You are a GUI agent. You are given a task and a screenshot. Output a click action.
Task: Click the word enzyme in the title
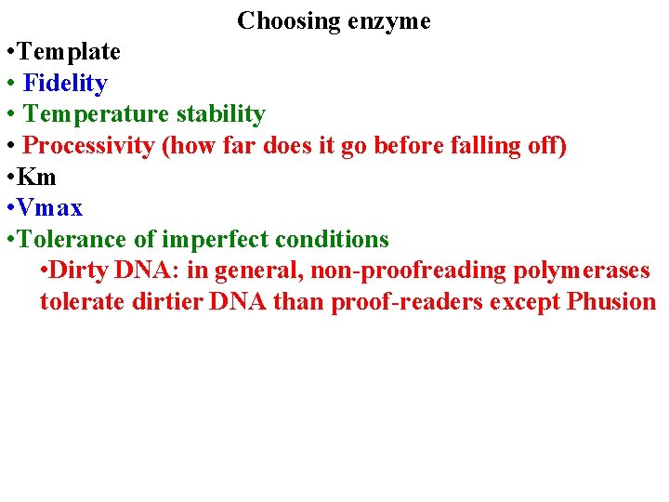[389, 20]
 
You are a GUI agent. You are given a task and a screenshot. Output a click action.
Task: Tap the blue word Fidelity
[65, 83]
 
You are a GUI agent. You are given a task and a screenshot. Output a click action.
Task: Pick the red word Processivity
[88, 146]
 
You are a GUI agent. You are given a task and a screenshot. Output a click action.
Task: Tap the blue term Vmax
[50, 208]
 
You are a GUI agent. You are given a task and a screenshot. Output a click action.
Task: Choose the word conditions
[333, 240]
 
